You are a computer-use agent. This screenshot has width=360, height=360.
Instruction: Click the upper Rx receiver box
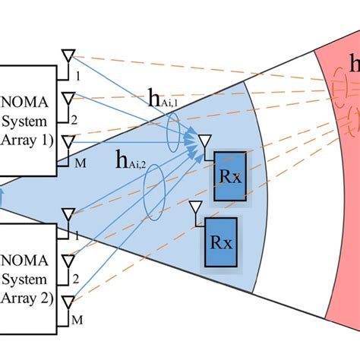coord(229,176)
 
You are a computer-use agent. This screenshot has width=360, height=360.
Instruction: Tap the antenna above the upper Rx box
coord(203,143)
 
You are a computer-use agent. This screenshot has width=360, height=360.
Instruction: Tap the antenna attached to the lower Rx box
coord(195,208)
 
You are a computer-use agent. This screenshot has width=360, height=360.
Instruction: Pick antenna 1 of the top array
coord(68,56)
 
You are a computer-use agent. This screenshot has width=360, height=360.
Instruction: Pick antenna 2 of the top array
coord(68,99)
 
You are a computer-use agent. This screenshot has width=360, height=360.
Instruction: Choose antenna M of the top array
coord(68,142)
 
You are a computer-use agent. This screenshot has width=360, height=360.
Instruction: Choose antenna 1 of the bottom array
coord(68,216)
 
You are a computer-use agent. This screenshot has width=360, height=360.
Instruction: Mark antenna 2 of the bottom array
coord(68,259)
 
